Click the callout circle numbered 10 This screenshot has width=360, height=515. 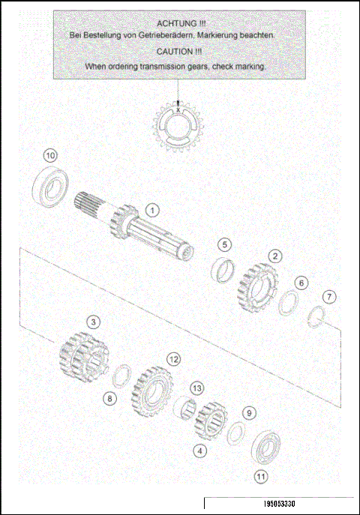[x=49, y=155]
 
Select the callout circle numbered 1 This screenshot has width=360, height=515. [x=151, y=210]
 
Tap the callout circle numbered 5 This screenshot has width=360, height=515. [x=225, y=244]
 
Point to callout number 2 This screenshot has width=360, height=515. [x=276, y=256]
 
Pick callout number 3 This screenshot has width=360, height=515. [x=92, y=322]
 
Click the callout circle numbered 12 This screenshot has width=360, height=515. [x=173, y=359]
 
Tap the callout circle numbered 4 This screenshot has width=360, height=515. [x=199, y=451]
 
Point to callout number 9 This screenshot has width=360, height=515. [x=250, y=413]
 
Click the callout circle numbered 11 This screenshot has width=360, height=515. [x=260, y=475]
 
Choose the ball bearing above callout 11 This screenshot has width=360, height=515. [x=265, y=448]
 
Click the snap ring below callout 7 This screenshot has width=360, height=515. [x=319, y=318]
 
